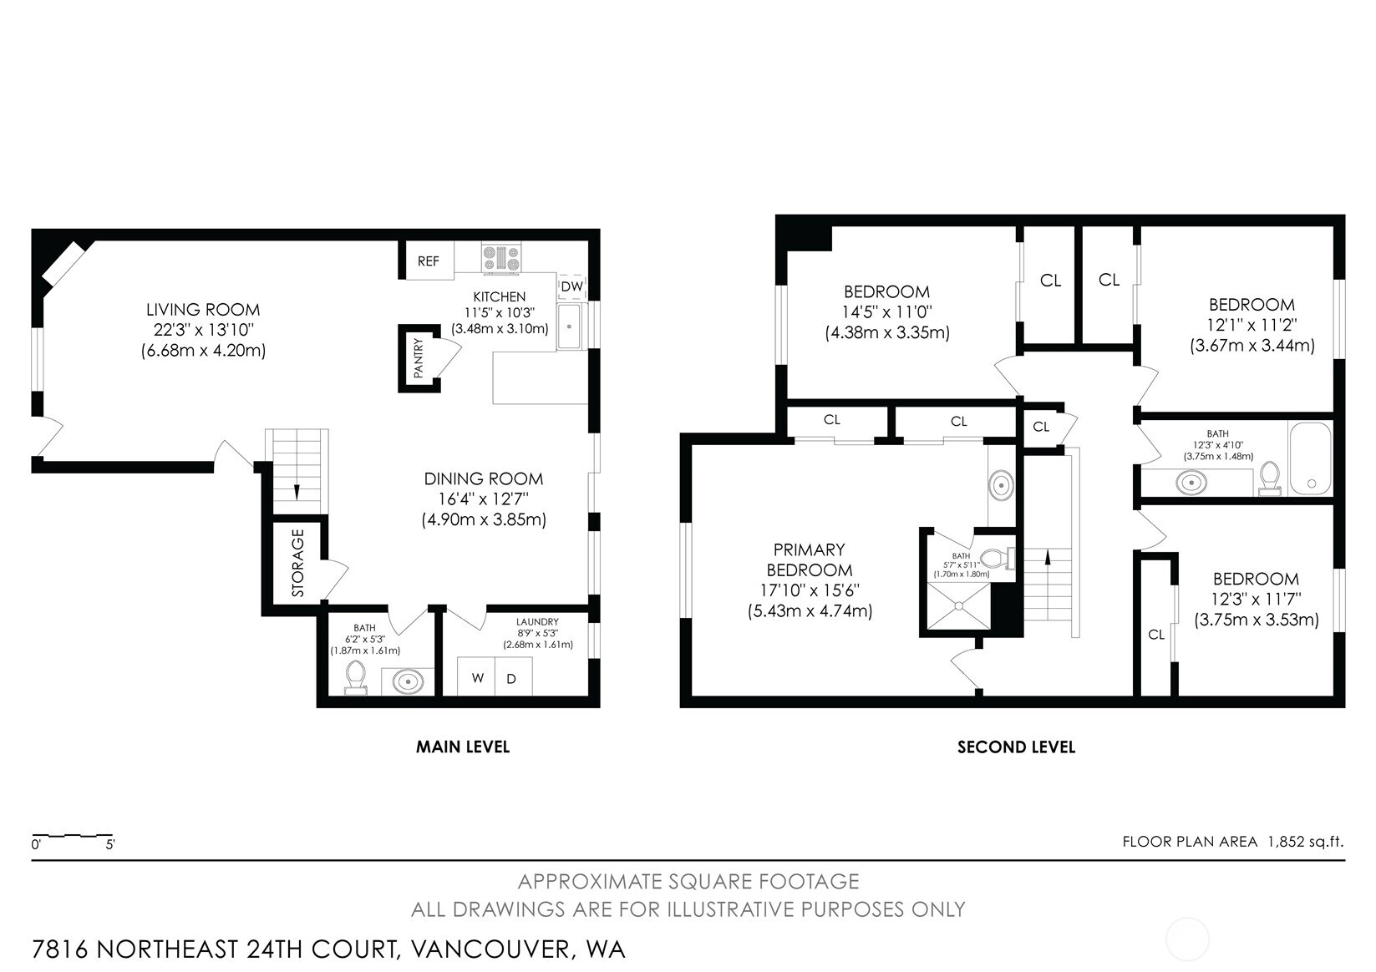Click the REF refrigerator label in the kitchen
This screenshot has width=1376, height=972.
pyautogui.click(x=428, y=261)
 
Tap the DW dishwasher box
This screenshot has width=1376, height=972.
pyautogui.click(x=572, y=286)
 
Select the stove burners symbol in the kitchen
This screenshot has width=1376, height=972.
pyautogui.click(x=501, y=257)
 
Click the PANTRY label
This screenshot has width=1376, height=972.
pyautogui.click(x=419, y=358)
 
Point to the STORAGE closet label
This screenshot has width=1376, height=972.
pyautogui.click(x=298, y=563)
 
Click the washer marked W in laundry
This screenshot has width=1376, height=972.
pyautogui.click(x=477, y=677)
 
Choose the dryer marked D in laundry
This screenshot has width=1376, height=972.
pyautogui.click(x=513, y=677)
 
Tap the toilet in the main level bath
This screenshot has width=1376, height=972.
pyautogui.click(x=356, y=677)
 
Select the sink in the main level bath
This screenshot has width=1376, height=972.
pyautogui.click(x=408, y=681)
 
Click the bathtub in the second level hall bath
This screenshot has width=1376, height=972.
pyautogui.click(x=1310, y=458)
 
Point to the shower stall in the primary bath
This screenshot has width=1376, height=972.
pyautogui.click(x=959, y=606)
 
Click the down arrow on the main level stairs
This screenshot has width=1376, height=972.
pyautogui.click(x=297, y=492)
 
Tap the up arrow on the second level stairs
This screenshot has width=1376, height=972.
pyautogui.click(x=1048, y=557)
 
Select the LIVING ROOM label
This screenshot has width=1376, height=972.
pyautogui.click(x=203, y=310)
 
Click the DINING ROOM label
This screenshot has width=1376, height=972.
pyautogui.click(x=484, y=479)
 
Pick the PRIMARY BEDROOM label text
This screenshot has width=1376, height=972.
pyautogui.click(x=809, y=559)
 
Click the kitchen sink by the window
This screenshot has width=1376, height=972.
pyautogui.click(x=570, y=326)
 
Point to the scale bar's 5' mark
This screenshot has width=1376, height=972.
pyautogui.click(x=110, y=844)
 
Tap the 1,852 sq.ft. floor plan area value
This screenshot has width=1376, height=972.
pyautogui.click(x=1306, y=841)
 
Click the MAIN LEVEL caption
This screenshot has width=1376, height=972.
pyautogui.click(x=463, y=747)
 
